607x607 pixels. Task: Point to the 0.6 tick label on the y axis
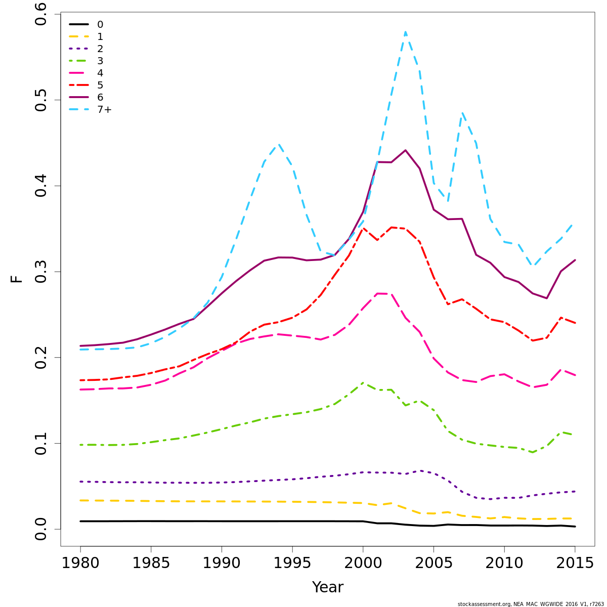click(40, 14)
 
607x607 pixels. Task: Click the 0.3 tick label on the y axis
click(40, 272)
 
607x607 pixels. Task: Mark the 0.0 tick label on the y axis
click(40, 529)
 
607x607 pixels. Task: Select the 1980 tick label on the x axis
click(80, 563)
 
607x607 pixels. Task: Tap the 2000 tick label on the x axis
click(363, 563)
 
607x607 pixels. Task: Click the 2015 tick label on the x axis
click(575, 563)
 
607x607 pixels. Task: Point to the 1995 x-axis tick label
click(292, 563)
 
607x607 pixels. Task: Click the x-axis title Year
click(327, 587)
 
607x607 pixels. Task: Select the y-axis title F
click(17, 278)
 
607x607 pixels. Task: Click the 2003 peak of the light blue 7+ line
click(405, 32)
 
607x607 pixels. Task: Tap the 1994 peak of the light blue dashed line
click(278, 144)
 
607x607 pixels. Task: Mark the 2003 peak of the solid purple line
click(405, 150)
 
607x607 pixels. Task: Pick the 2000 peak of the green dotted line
click(363, 383)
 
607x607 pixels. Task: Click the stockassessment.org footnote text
click(531, 604)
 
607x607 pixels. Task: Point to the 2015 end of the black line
click(575, 527)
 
